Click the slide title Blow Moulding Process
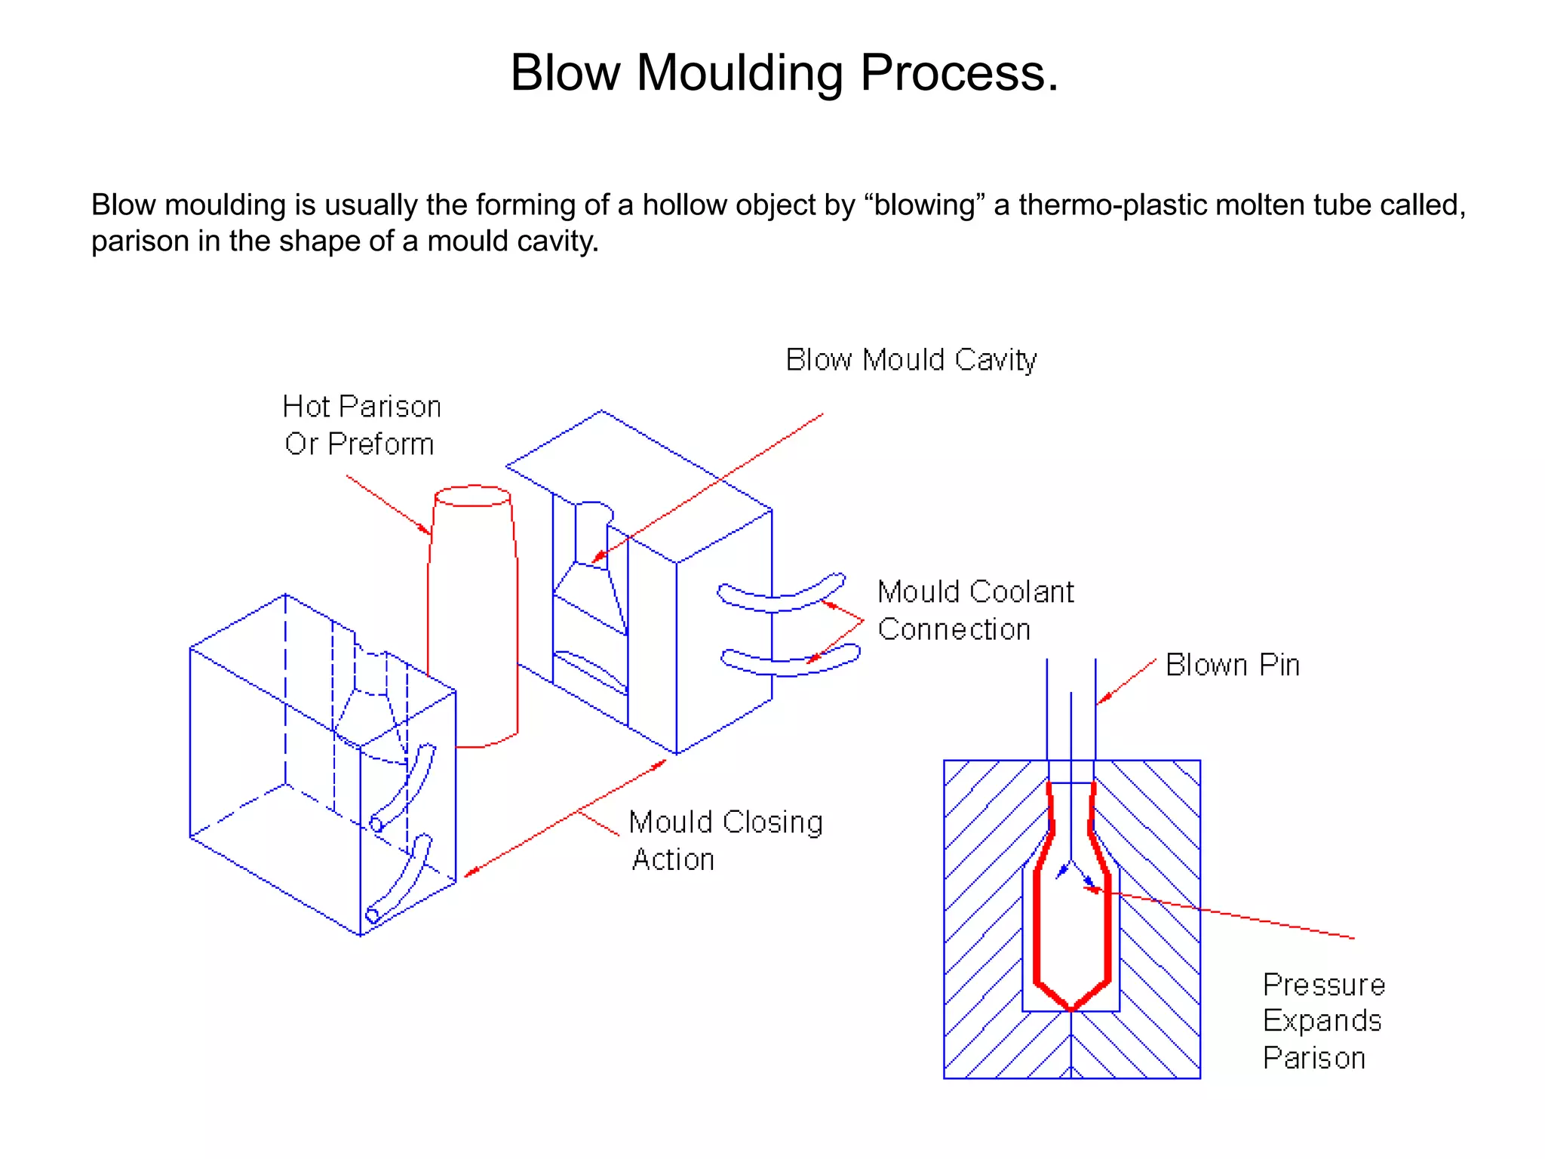[x=785, y=73]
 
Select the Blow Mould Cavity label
[x=911, y=360]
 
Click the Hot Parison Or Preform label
[x=361, y=425]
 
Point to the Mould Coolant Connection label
[x=975, y=610]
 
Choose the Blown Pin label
[x=1232, y=666]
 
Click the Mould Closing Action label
[x=725, y=840]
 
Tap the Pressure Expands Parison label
[x=1323, y=1021]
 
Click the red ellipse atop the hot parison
[x=473, y=496]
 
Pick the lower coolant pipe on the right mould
[x=790, y=660]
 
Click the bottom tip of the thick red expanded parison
[x=1071, y=1008]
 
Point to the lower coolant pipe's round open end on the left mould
[x=372, y=916]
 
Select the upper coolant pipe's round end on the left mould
[x=376, y=823]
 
